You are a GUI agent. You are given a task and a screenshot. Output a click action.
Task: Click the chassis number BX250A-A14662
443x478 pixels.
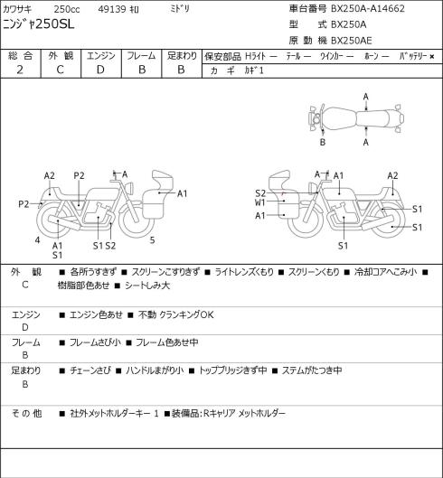[368, 9]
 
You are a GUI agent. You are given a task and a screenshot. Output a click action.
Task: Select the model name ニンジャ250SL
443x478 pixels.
[39, 24]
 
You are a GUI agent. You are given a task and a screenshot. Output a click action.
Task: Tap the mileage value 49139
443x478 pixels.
[112, 9]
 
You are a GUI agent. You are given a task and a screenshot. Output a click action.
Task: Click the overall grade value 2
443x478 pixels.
[20, 70]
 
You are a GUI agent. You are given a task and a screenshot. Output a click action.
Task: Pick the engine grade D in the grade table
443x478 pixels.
[100, 70]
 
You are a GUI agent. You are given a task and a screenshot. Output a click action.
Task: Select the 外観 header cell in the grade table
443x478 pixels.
[61, 56]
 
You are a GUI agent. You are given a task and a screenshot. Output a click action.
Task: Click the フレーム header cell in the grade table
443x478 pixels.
[142, 56]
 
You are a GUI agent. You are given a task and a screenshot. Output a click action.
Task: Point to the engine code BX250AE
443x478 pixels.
[352, 41]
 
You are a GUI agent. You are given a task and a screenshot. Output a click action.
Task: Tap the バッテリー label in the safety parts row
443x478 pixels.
[413, 56]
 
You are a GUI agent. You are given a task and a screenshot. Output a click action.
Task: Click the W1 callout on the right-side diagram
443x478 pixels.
[260, 202]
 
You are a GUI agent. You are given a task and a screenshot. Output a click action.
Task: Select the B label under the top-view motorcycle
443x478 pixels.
[323, 142]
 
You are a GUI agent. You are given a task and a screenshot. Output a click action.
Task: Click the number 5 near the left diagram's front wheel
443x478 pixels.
[152, 240]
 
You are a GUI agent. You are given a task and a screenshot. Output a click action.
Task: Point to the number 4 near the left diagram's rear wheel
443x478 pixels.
[37, 240]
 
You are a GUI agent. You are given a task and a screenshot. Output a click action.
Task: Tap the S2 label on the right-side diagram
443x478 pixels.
[260, 193]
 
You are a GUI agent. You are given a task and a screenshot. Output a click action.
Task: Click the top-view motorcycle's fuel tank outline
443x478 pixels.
[339, 118]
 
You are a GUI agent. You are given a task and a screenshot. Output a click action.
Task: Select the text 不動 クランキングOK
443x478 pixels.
[176, 314]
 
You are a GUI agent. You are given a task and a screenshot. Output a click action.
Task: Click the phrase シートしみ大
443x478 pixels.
[147, 286]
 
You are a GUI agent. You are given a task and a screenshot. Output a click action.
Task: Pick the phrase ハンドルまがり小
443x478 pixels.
[155, 370]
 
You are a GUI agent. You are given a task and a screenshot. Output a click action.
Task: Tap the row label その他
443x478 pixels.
[26, 413]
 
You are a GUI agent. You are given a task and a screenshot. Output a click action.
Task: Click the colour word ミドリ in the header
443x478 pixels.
[180, 9]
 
